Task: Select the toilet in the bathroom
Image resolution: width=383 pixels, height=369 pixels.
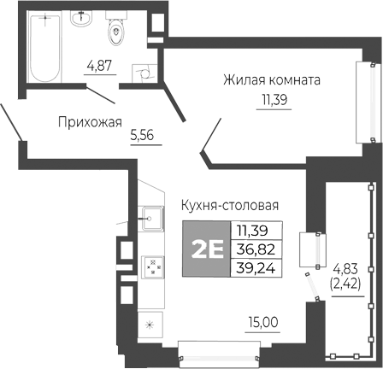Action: point(115,32)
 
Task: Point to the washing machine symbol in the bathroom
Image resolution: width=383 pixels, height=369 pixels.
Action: point(140,73)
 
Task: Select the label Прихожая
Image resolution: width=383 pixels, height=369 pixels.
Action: point(90,121)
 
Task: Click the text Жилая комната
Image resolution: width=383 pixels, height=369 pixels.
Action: point(271,81)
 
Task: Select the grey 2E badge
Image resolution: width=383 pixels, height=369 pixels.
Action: point(206,248)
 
